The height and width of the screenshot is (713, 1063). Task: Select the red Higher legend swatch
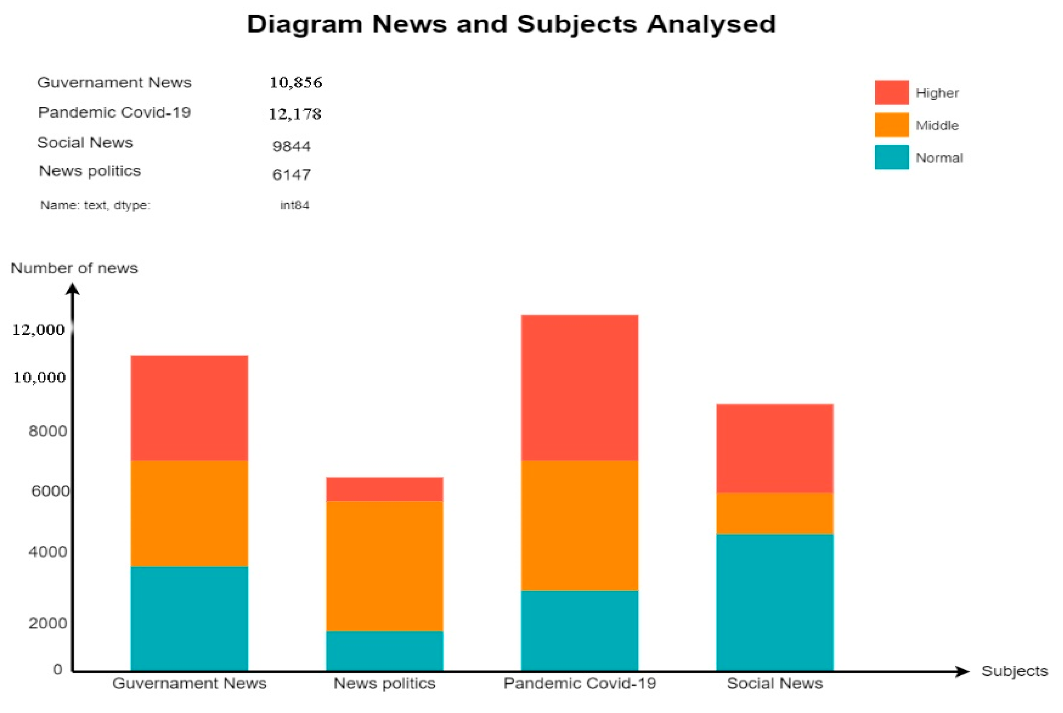tap(891, 92)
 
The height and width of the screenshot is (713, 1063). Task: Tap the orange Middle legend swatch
tap(891, 125)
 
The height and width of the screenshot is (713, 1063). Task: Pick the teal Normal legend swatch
tap(891, 157)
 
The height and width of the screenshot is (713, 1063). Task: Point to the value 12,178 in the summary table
tap(294, 114)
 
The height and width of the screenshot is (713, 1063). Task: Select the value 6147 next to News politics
tap(291, 175)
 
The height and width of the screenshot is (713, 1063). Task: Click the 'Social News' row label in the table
tap(85, 143)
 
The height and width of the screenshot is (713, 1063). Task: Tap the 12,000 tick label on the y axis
tap(38, 330)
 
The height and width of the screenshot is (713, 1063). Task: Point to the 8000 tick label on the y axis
tap(48, 431)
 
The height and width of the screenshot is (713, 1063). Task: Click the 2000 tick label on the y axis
tap(48, 623)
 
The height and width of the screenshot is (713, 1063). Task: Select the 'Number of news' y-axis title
tap(74, 268)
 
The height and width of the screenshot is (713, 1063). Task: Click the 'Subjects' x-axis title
tap(1014, 671)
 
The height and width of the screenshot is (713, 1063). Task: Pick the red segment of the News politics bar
tap(385, 489)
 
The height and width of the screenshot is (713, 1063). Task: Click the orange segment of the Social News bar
tap(774, 513)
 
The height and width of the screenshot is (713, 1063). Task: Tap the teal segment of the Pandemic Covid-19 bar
tap(579, 630)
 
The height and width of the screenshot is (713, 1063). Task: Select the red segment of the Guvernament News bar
tap(189, 408)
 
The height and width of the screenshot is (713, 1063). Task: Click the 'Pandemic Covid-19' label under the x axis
tap(579, 683)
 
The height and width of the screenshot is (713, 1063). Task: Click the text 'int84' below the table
tap(294, 205)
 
